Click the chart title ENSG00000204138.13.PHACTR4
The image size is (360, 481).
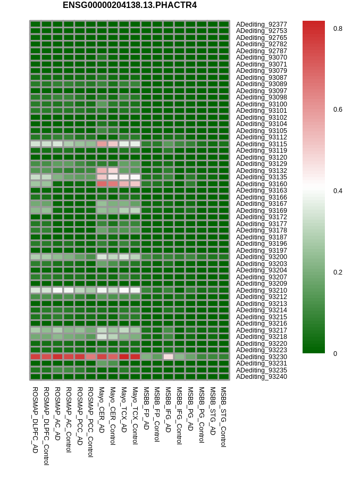[x=129, y=5]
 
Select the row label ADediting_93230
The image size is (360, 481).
[x=261, y=357]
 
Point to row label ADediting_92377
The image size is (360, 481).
[x=261, y=24]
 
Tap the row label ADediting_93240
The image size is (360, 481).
[x=261, y=377]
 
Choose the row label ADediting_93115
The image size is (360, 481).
[x=261, y=144]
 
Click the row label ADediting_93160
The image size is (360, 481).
[x=261, y=184]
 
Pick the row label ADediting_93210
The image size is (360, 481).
[x=261, y=290]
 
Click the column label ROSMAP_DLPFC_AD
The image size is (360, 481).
[x=35, y=420]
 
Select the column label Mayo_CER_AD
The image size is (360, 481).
[x=102, y=410]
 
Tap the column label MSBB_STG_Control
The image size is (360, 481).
[x=223, y=417]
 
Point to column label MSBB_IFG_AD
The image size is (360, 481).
[x=168, y=410]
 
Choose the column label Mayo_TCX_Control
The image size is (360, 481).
[x=135, y=416]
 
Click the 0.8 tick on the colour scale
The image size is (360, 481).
[x=338, y=29]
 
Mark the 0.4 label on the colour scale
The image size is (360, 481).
[x=338, y=191]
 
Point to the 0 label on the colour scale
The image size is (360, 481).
[x=335, y=353]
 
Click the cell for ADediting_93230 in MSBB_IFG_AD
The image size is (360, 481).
[x=169, y=357]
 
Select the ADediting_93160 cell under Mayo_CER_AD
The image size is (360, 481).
[x=102, y=184]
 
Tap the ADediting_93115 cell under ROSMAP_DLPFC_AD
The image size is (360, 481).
[x=36, y=144]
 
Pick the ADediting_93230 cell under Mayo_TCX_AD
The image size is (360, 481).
[x=124, y=357]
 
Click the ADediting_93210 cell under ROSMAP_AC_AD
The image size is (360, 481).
[x=57, y=290]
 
